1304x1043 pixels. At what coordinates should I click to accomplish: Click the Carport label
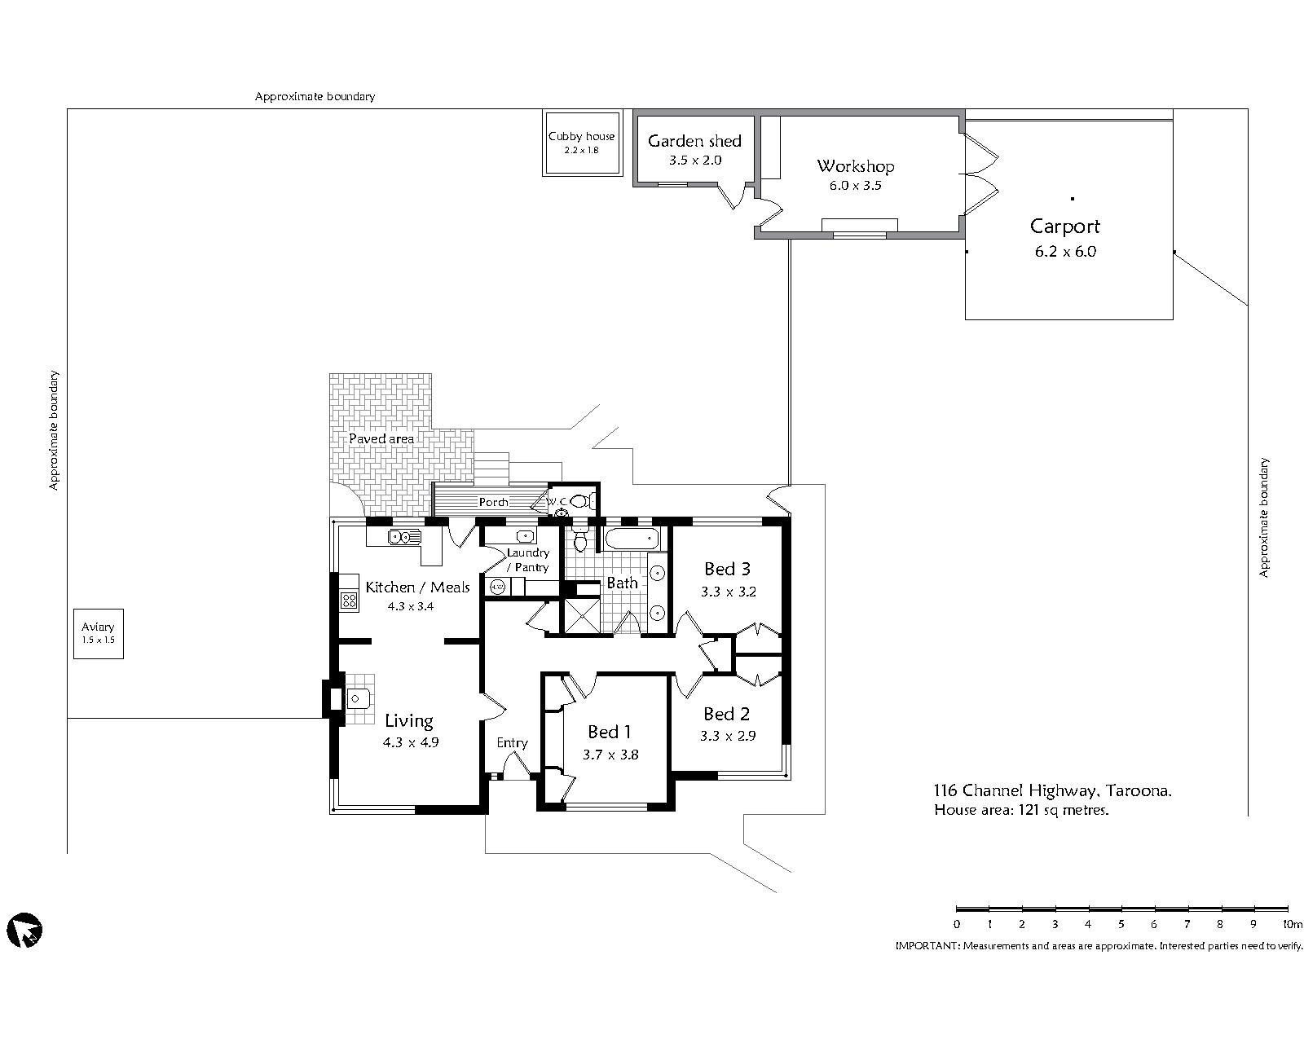click(1064, 226)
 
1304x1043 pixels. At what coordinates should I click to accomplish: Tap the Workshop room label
click(855, 166)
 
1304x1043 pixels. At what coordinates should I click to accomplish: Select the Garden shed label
click(694, 141)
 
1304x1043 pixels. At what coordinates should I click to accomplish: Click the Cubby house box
click(582, 143)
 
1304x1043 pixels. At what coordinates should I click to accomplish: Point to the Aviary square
click(98, 633)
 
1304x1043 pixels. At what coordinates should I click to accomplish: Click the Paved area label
click(381, 438)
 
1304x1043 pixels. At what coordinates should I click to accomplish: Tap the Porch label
click(493, 502)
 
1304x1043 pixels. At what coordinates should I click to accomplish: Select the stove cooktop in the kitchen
click(349, 600)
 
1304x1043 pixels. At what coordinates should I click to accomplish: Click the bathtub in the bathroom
click(631, 538)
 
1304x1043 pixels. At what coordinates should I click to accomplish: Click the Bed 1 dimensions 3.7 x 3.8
click(610, 755)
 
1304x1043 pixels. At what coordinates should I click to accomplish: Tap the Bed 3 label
click(727, 569)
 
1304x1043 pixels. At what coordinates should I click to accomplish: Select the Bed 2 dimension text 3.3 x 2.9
click(727, 736)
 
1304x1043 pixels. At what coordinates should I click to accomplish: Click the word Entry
click(512, 743)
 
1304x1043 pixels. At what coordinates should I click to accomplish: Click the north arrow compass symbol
click(24, 929)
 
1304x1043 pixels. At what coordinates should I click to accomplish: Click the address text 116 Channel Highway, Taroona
click(1052, 790)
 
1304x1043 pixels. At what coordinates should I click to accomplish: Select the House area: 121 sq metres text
click(1021, 810)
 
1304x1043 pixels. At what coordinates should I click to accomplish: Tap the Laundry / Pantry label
click(528, 560)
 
